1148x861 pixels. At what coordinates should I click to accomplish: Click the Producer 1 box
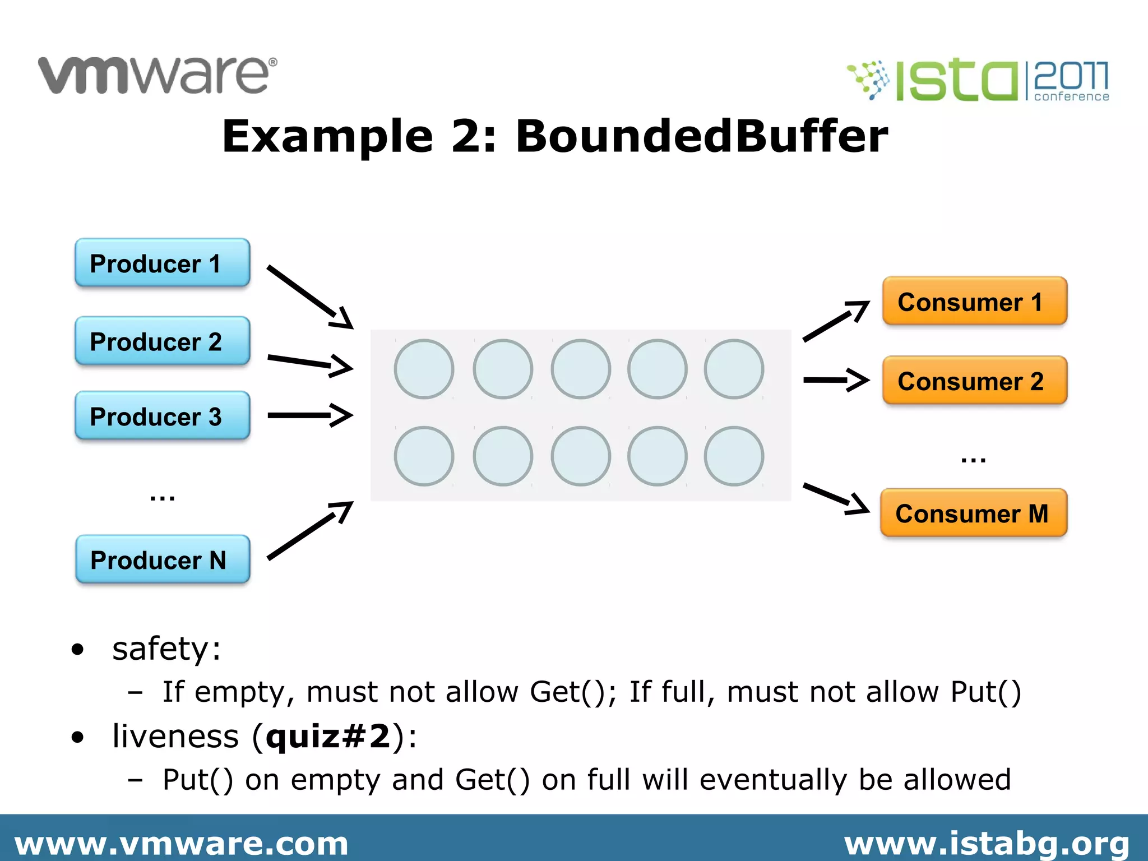162,263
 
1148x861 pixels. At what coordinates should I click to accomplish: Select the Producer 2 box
162,341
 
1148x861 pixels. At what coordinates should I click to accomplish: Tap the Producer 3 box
162,416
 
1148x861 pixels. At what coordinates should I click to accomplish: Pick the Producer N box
163,559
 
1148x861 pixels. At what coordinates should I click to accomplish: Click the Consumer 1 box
974,302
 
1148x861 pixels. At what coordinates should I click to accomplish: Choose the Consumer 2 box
974,381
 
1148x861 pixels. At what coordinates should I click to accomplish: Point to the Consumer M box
973,513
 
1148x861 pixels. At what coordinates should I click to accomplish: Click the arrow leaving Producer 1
310,297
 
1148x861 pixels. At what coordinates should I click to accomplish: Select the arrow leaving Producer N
310,530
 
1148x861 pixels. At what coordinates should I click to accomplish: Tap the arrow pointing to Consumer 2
836,380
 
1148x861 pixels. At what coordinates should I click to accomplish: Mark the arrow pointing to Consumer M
836,498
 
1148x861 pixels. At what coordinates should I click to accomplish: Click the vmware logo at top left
158,75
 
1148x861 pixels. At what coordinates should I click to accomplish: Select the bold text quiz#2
328,736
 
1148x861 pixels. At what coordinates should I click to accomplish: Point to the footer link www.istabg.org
987,843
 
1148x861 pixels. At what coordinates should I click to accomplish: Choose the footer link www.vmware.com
181,843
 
